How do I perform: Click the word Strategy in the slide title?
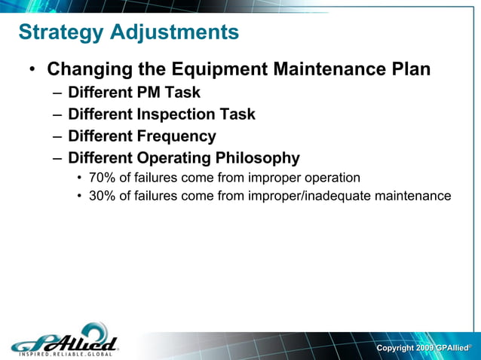click(x=61, y=33)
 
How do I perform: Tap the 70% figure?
click(x=102, y=178)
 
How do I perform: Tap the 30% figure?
click(x=102, y=197)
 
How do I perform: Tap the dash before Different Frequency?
click(x=58, y=137)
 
